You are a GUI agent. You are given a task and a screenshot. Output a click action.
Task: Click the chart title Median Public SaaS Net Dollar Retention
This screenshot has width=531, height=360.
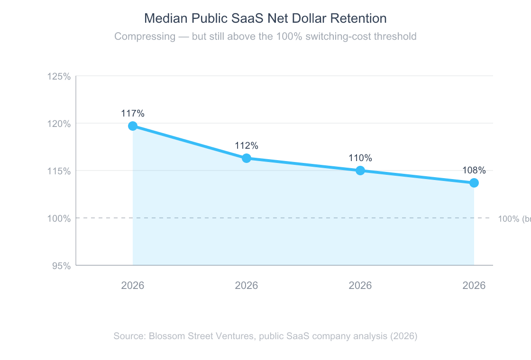coord(265,18)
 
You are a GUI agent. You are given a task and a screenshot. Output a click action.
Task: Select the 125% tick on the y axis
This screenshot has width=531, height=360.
coord(59,76)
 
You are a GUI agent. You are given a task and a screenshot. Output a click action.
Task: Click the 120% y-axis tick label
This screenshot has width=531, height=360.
coord(59,124)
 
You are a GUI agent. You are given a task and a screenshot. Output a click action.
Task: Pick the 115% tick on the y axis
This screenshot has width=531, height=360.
coord(59,171)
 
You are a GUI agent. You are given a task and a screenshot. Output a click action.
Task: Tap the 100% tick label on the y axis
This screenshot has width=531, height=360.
coord(59,218)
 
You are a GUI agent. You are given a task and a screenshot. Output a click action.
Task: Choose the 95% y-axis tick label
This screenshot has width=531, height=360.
coord(61,266)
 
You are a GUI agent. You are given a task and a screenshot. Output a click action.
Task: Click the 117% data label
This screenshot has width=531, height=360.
coord(133,114)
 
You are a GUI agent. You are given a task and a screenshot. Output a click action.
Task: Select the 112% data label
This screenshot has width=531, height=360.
coord(247,146)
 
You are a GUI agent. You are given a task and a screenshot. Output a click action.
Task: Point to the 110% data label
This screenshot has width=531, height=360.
coord(360,158)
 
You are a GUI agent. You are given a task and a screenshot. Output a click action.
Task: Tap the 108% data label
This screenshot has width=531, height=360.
coord(474,171)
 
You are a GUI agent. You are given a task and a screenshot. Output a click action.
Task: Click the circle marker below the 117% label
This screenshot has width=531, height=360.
coord(133,126)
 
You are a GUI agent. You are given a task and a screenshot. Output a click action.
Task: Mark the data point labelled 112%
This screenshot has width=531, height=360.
coord(247,158)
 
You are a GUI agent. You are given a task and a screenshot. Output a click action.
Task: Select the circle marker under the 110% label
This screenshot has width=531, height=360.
coord(360,171)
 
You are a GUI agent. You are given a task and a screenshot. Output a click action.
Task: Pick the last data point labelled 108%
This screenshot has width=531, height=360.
coord(474,183)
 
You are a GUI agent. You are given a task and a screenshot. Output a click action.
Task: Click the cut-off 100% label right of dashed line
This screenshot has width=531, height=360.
coord(514,219)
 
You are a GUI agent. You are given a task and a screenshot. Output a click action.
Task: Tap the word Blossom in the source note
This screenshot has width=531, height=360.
coord(165,336)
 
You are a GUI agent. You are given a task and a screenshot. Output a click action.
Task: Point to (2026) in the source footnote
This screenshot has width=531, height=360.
coord(403,336)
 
